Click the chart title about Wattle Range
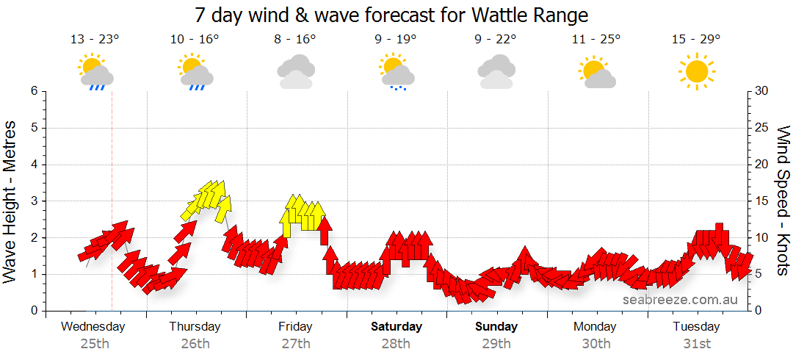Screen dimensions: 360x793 392,15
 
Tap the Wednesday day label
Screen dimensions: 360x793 94,326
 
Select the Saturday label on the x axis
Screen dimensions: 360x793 396,326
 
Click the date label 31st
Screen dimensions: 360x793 697,343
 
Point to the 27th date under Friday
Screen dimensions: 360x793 295,343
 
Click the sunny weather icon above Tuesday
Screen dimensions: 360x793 696,71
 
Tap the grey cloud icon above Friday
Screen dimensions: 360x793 296,72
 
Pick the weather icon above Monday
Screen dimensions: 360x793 596,72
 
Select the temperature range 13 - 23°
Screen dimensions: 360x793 95,40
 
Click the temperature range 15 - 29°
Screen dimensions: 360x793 696,40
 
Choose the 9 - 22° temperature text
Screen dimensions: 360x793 496,40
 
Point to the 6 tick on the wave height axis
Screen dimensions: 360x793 34,91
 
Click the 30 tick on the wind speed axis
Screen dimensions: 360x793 761,91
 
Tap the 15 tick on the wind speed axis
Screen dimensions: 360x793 761,201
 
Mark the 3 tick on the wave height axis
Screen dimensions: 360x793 34,201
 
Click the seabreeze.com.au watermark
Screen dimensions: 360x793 681,300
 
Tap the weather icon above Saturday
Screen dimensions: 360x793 396,72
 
